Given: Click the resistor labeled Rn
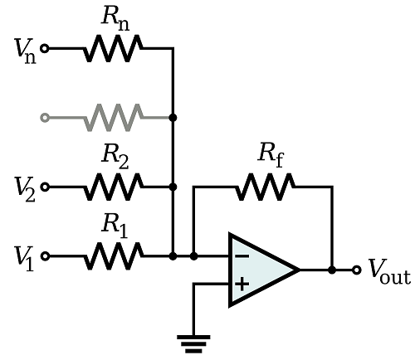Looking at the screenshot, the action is [x=114, y=48].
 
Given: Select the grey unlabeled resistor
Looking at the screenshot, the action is [x=114, y=118].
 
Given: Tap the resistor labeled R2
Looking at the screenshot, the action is [x=114, y=187].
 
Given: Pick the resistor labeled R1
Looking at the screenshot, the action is [x=114, y=256].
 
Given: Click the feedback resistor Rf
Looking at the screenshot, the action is [x=265, y=187].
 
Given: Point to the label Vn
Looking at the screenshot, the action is [x=26, y=51].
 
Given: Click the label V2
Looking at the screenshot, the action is [x=25, y=190].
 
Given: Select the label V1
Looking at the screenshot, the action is [x=24, y=259].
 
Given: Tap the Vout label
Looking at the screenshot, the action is [x=389, y=272].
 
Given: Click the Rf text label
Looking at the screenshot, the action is [x=271, y=156].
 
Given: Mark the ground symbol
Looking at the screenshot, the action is [x=193, y=344].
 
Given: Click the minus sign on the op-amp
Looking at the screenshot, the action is [x=242, y=256].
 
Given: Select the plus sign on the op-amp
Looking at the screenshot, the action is [x=242, y=284].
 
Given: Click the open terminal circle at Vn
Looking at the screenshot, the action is [x=45, y=48].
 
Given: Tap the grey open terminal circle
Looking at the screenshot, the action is [x=45, y=118].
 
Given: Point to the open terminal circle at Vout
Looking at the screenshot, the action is [x=357, y=270].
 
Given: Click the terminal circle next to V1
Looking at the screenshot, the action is [x=45, y=256].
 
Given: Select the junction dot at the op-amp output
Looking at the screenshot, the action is [x=332, y=270].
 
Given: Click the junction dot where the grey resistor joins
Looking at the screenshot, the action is [x=173, y=118].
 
